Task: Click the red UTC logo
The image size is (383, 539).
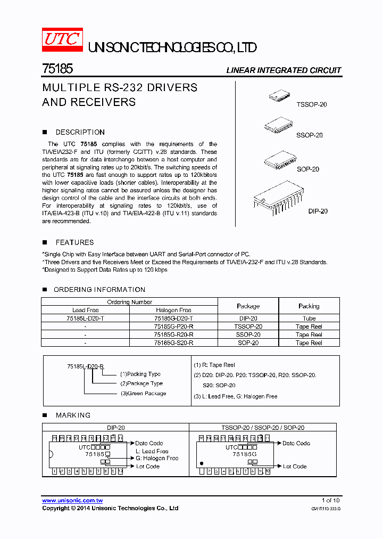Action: click(62, 40)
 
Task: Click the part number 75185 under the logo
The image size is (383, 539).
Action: click(57, 69)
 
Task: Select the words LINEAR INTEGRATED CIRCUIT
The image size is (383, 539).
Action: click(284, 70)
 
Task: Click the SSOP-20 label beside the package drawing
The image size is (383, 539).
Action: click(310, 135)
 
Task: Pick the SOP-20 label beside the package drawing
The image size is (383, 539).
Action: click(307, 169)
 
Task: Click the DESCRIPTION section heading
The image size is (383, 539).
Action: click(80, 132)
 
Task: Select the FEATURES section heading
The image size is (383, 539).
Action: click(74, 242)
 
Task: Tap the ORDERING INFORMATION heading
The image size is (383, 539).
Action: click(99, 290)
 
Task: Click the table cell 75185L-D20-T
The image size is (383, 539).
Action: click(85, 318)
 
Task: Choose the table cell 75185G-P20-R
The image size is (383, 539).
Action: click(173, 326)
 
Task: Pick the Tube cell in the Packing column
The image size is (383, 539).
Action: click(309, 318)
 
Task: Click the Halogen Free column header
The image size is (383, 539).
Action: click(173, 310)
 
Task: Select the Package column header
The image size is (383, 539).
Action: click(248, 306)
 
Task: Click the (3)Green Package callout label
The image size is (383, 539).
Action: click(143, 394)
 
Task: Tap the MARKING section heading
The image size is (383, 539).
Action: click(73, 415)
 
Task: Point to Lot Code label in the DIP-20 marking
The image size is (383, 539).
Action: click(147, 467)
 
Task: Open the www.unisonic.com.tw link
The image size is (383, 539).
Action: click(72, 501)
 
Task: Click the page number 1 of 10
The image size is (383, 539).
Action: click(330, 501)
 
